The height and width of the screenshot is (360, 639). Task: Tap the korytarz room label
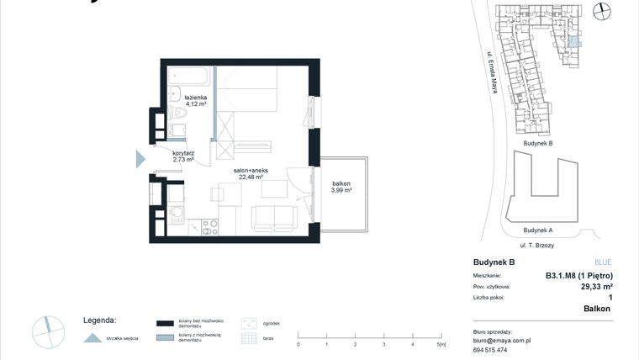click(x=183, y=153)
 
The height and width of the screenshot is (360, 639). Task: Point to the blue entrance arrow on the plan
click(x=141, y=158)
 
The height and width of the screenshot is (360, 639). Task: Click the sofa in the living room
click(x=274, y=219)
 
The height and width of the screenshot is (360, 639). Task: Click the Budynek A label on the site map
click(x=537, y=230)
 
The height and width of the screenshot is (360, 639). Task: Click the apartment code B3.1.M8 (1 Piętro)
click(x=578, y=275)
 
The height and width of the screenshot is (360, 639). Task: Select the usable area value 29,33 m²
click(x=596, y=286)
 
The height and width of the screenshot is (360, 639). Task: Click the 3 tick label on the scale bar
click(x=384, y=345)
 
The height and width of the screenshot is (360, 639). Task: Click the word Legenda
click(x=99, y=320)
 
